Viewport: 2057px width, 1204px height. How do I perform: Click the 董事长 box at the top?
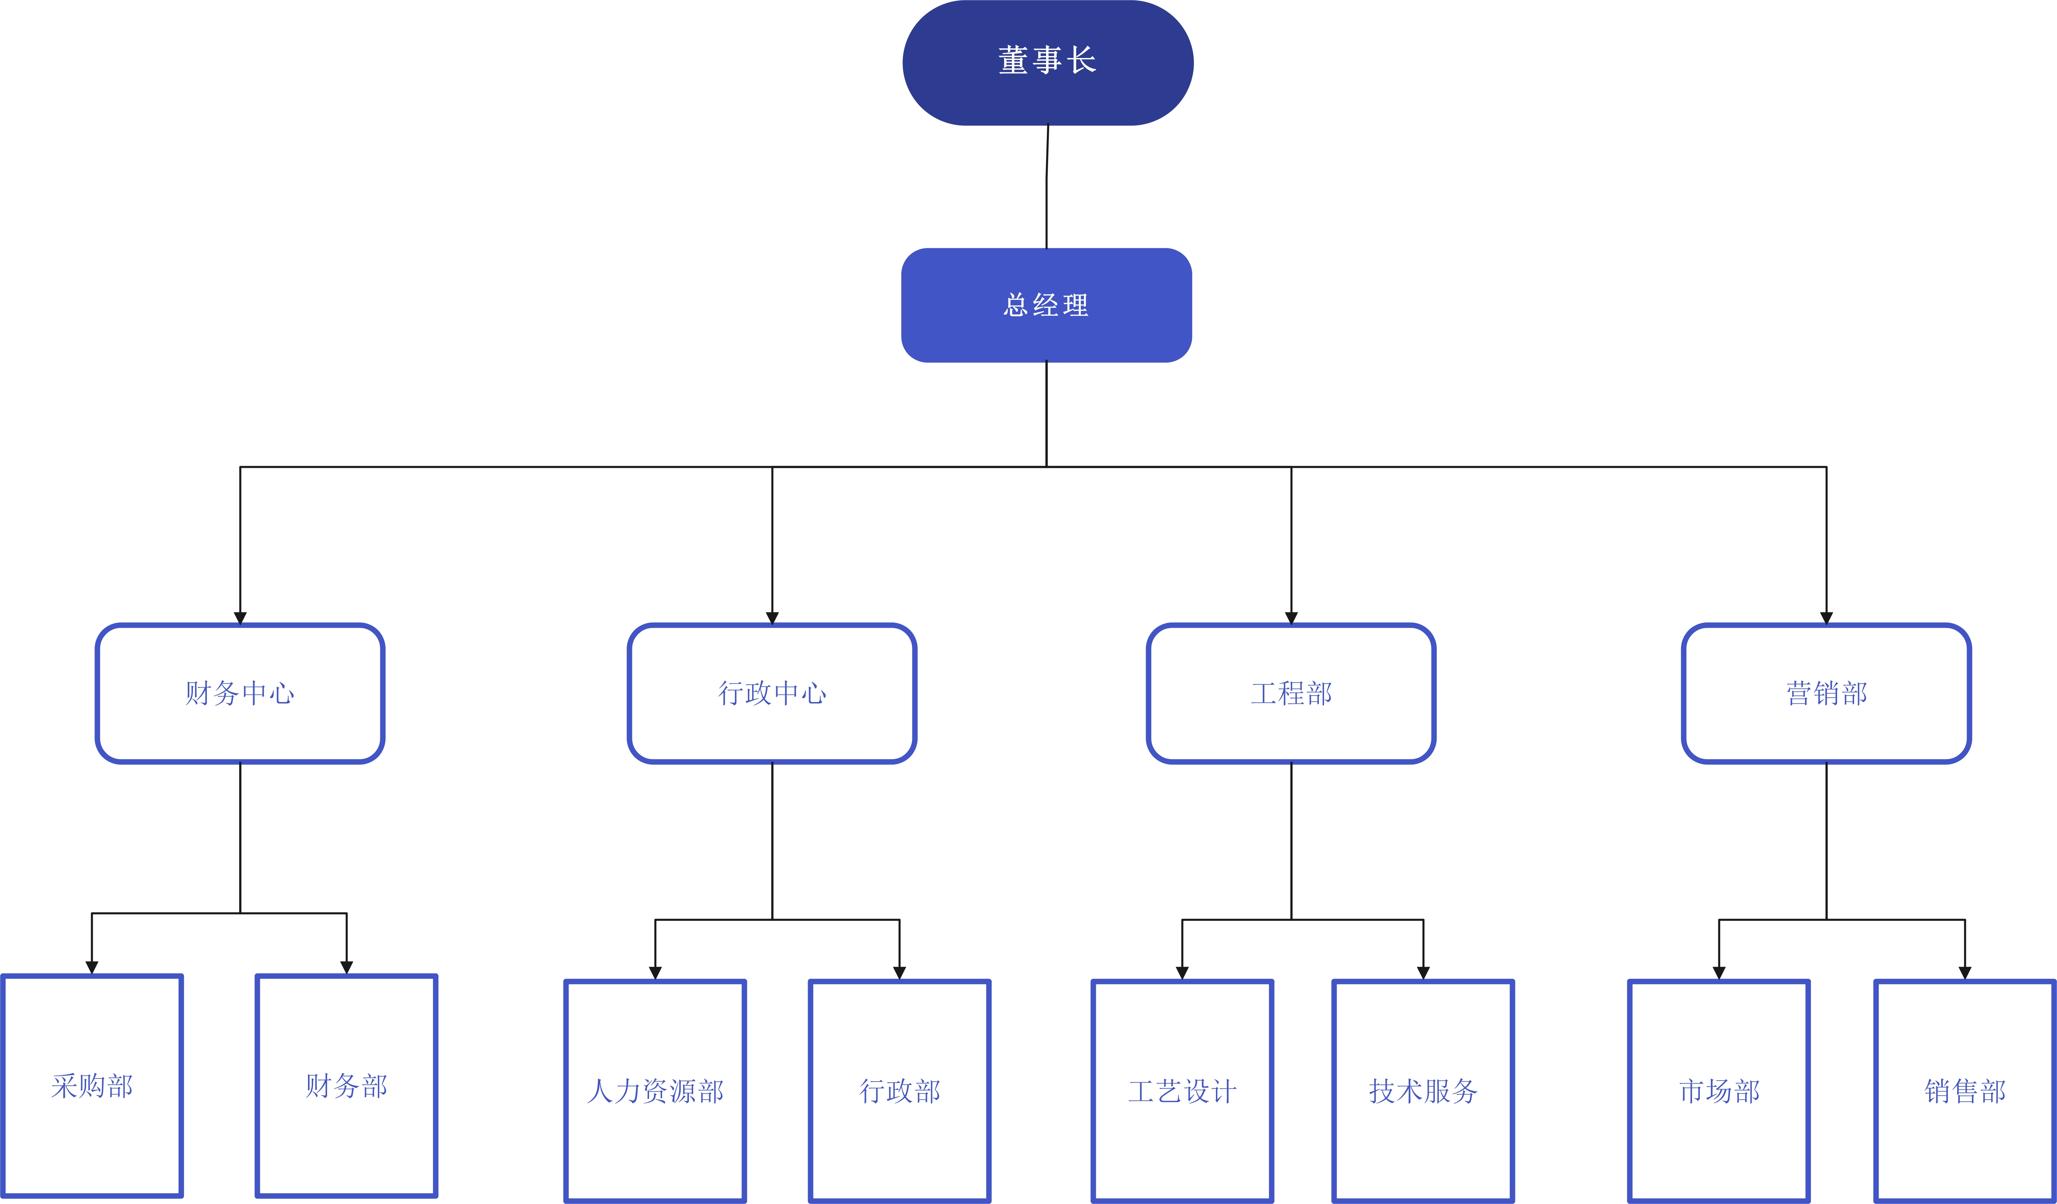pyautogui.click(x=1048, y=63)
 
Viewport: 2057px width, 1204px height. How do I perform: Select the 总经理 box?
pyautogui.click(x=1046, y=305)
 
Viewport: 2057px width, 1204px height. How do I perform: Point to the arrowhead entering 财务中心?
pyautogui.click(x=240, y=618)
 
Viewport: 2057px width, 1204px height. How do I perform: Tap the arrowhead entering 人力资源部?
pyautogui.click(x=656, y=973)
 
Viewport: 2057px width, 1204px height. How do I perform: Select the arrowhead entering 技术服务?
pyautogui.click(x=1424, y=973)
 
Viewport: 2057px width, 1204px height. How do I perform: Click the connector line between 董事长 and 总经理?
pyautogui.click(x=1047, y=187)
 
